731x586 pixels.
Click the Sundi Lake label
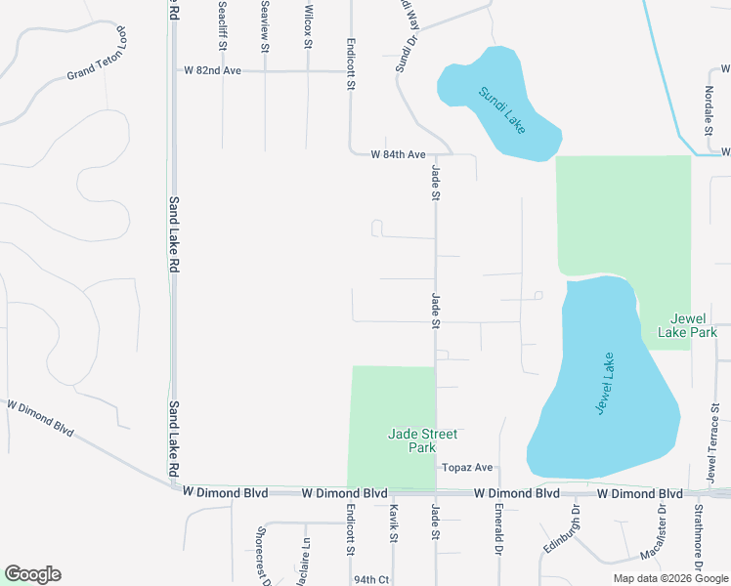click(502, 109)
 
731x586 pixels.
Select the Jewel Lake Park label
click(694, 326)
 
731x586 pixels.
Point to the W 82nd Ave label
click(211, 70)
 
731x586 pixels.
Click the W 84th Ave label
click(399, 154)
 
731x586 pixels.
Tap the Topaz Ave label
click(466, 468)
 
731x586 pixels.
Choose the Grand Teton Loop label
click(99, 62)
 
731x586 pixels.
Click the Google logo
click(32, 574)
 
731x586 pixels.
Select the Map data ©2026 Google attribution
click(670, 578)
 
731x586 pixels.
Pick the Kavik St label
click(394, 523)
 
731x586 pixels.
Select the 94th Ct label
click(371, 579)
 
